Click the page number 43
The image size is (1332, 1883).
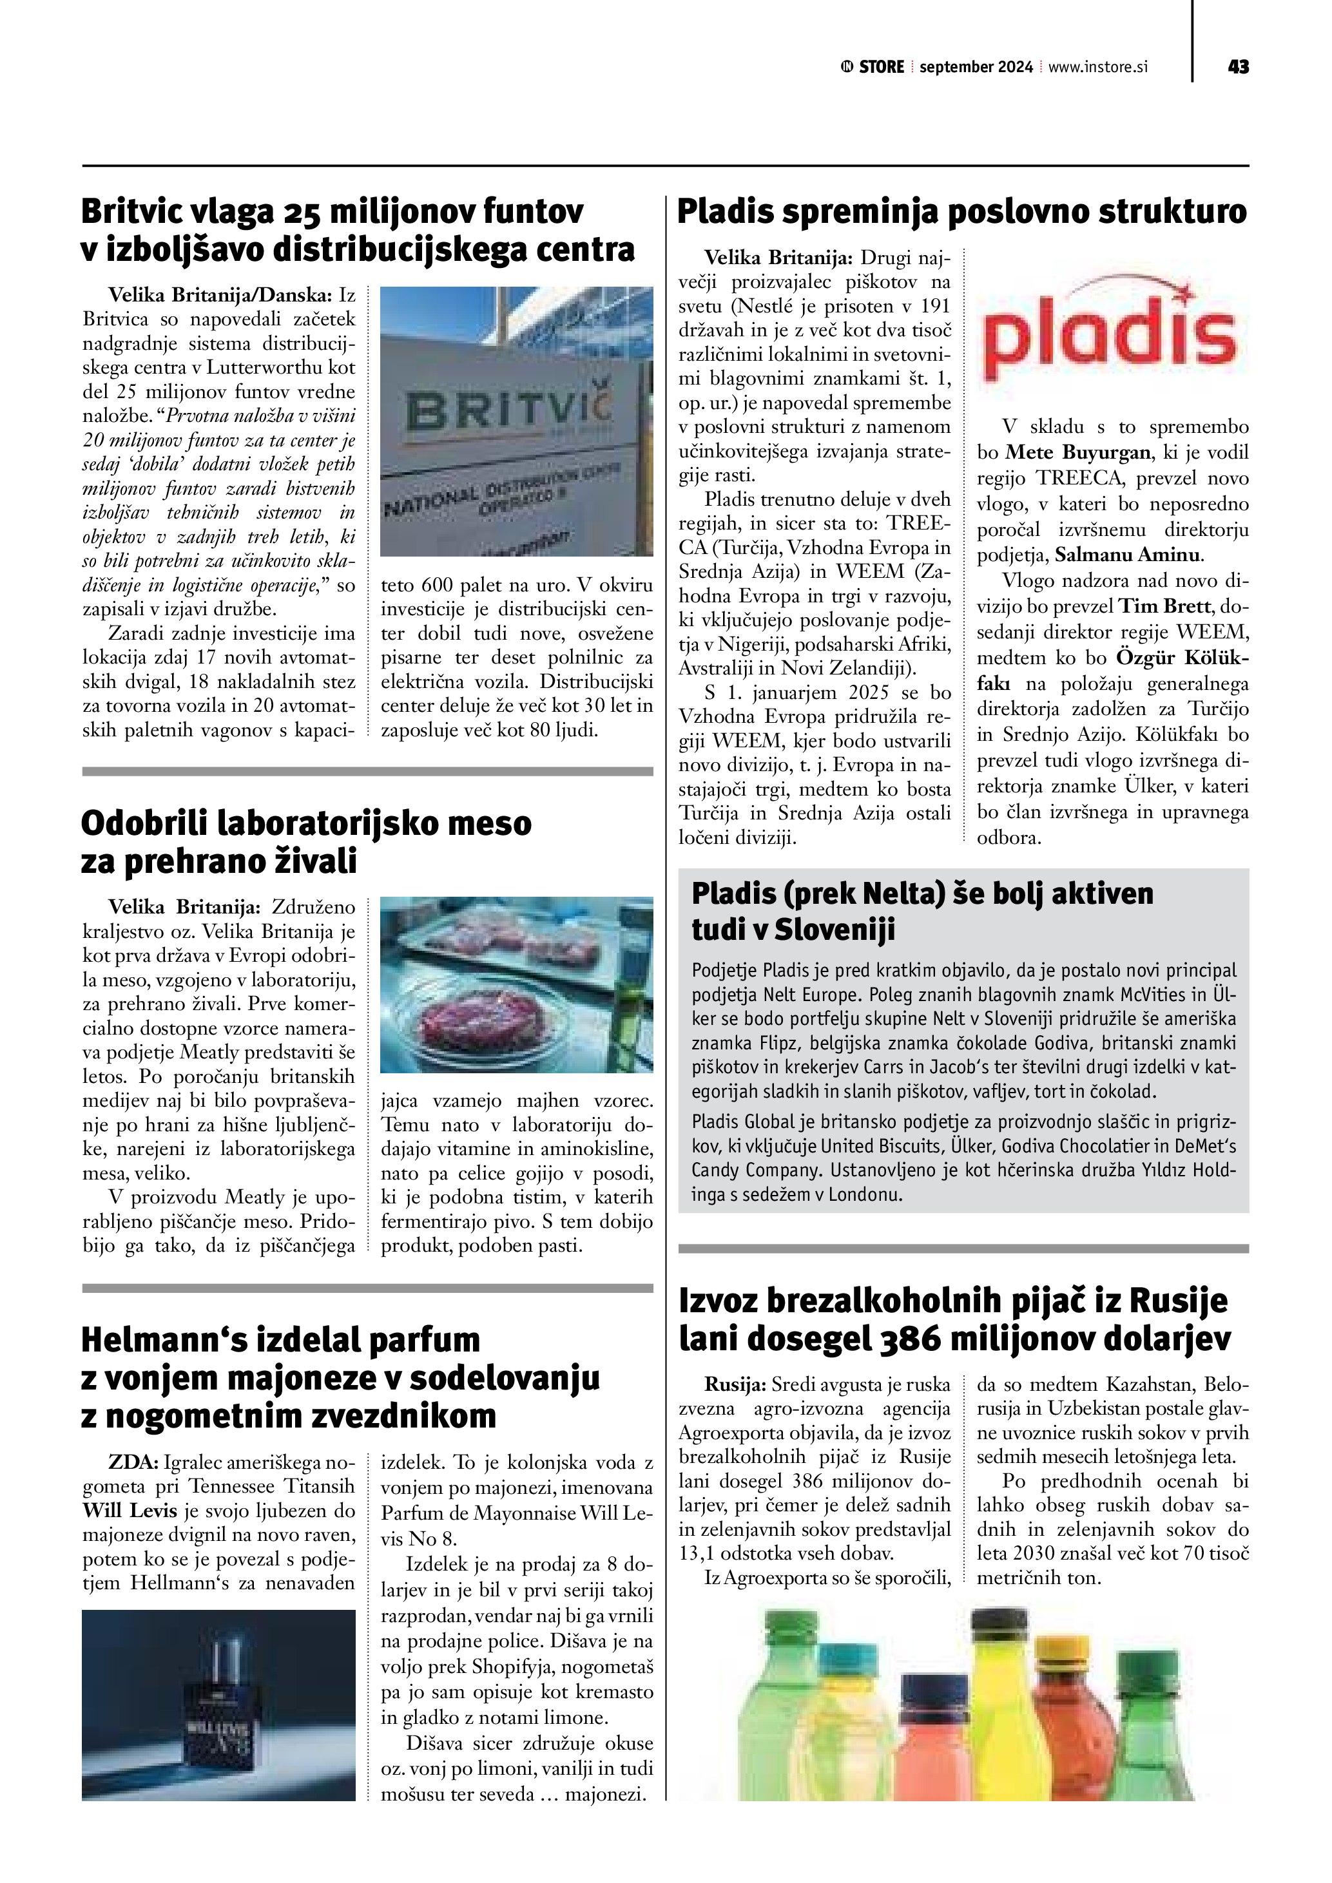coord(1238,67)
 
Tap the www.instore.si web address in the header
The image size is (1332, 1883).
coord(1097,67)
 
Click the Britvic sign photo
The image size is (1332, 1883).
coord(517,421)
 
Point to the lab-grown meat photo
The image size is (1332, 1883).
coord(517,984)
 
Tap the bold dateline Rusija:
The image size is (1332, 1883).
coord(735,1385)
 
